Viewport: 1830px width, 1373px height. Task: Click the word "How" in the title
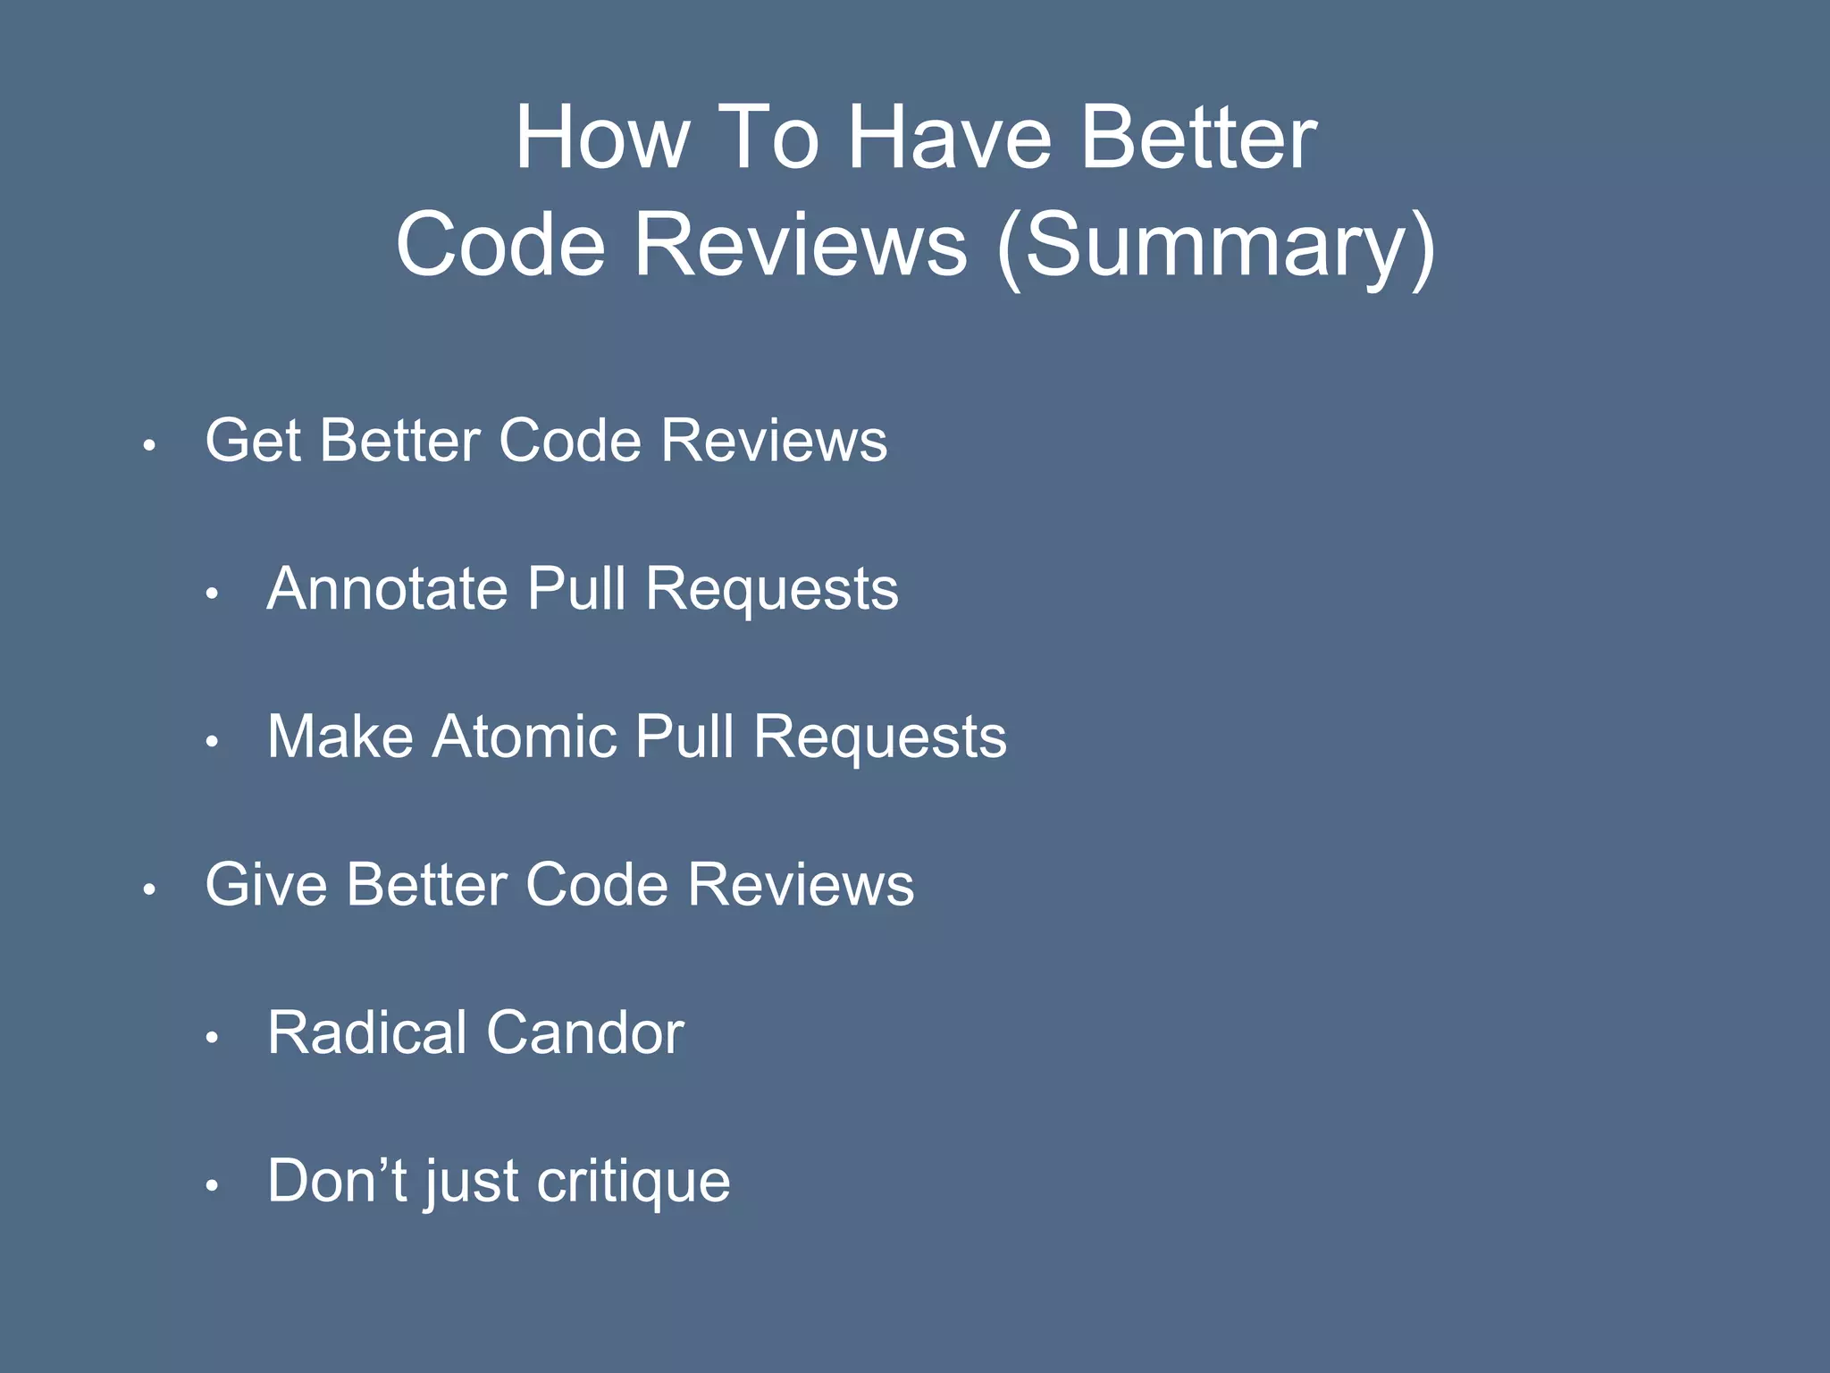601,139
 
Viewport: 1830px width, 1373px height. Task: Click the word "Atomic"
525,737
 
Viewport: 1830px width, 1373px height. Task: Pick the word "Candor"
585,1033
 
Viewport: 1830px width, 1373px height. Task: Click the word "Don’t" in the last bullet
337,1182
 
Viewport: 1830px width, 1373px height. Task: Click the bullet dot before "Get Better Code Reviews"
150,445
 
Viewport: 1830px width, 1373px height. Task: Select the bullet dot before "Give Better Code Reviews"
150,889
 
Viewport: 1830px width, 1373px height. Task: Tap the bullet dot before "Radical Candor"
212,1038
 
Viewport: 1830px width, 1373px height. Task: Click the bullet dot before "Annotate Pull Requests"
212,594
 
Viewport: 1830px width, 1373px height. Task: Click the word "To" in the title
768,139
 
